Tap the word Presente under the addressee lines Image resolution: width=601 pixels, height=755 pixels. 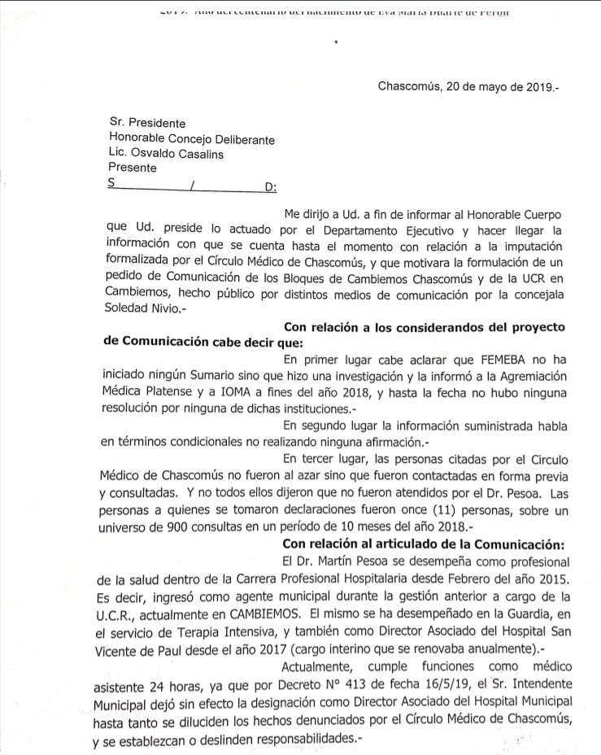(133, 168)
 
